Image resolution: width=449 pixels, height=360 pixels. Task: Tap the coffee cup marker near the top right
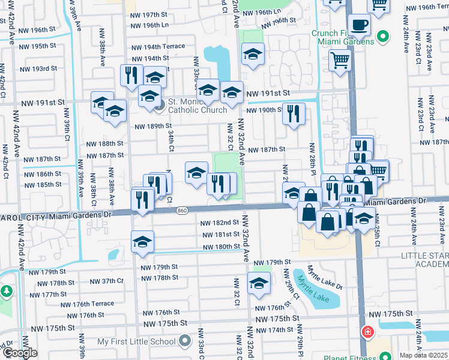(x=359, y=25)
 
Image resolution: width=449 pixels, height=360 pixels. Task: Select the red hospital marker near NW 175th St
(x=367, y=332)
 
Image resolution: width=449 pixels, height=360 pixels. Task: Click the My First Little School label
(x=136, y=341)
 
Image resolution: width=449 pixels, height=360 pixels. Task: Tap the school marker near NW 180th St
(x=142, y=241)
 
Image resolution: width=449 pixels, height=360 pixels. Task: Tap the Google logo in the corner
(x=19, y=353)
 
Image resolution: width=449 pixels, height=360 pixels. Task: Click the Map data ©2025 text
(x=423, y=355)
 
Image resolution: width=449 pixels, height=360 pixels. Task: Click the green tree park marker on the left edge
(x=6, y=292)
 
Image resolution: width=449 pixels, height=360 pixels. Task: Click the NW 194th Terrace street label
(x=158, y=47)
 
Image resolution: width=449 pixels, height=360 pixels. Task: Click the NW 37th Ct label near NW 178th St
(x=106, y=281)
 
